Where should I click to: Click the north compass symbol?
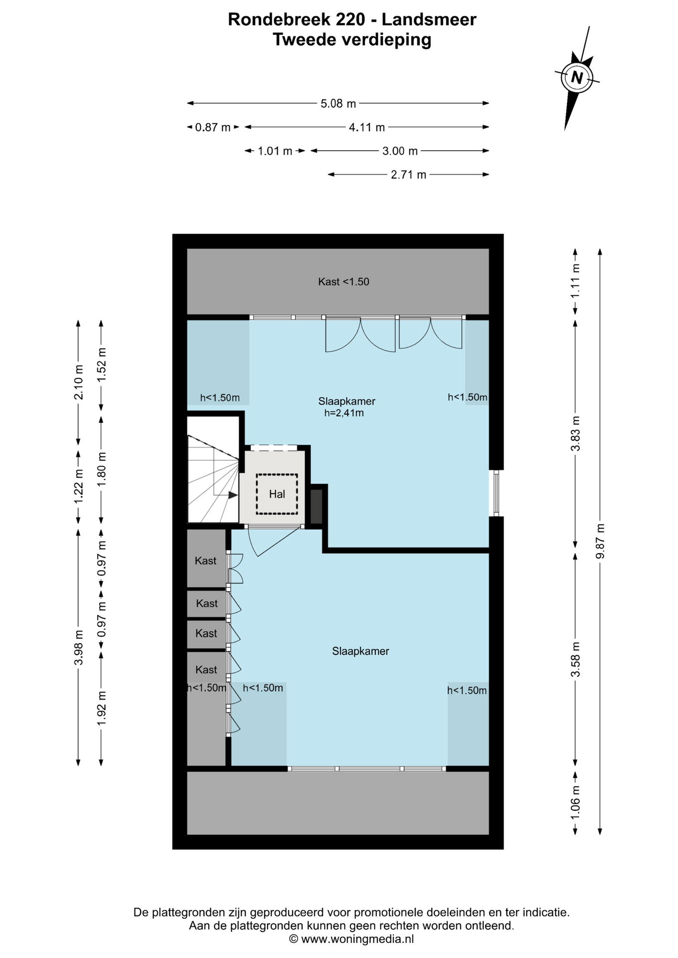(x=577, y=78)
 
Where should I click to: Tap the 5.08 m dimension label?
(x=338, y=103)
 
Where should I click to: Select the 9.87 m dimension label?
(x=600, y=541)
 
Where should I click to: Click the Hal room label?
(x=277, y=494)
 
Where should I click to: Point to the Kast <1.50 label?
(x=343, y=281)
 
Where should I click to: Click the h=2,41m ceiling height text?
(x=344, y=413)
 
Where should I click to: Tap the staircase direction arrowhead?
(x=233, y=495)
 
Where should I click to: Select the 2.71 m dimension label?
(x=408, y=175)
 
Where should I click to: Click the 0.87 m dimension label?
(x=213, y=127)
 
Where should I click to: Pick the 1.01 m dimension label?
(x=275, y=151)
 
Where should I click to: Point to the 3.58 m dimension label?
(x=576, y=659)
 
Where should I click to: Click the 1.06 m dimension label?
(x=576, y=802)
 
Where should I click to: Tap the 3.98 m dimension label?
(x=78, y=647)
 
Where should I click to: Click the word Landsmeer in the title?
(x=429, y=19)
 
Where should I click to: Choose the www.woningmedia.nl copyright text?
(x=351, y=939)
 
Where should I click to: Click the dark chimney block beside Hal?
(x=317, y=506)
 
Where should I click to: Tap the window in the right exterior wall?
(x=496, y=493)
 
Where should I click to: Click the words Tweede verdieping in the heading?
(x=352, y=39)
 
